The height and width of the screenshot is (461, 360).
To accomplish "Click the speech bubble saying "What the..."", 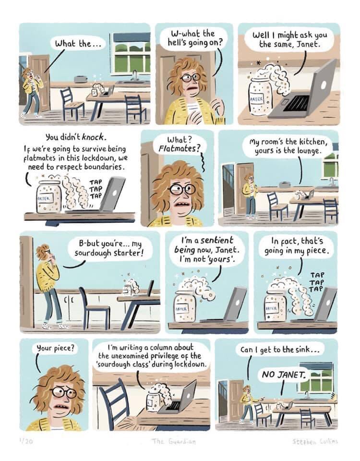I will coord(78,44).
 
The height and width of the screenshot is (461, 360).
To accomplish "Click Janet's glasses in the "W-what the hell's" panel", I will coord(190,77).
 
